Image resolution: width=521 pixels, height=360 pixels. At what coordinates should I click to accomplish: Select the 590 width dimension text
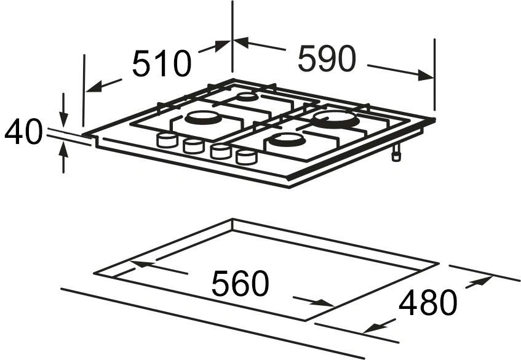(327, 59)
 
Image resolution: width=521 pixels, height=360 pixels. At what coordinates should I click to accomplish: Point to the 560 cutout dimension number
(241, 284)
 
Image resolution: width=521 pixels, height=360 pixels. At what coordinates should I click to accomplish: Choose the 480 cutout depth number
(428, 302)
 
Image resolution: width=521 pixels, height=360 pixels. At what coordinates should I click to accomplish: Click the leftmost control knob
(167, 140)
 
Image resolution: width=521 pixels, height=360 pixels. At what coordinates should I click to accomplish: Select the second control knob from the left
(193, 146)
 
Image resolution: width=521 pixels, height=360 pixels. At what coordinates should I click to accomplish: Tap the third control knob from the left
(220, 151)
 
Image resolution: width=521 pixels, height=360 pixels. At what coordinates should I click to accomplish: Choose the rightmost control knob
(246, 158)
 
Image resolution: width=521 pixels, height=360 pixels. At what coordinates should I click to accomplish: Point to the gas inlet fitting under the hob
(397, 154)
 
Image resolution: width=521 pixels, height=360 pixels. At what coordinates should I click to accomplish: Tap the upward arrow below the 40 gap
(64, 148)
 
